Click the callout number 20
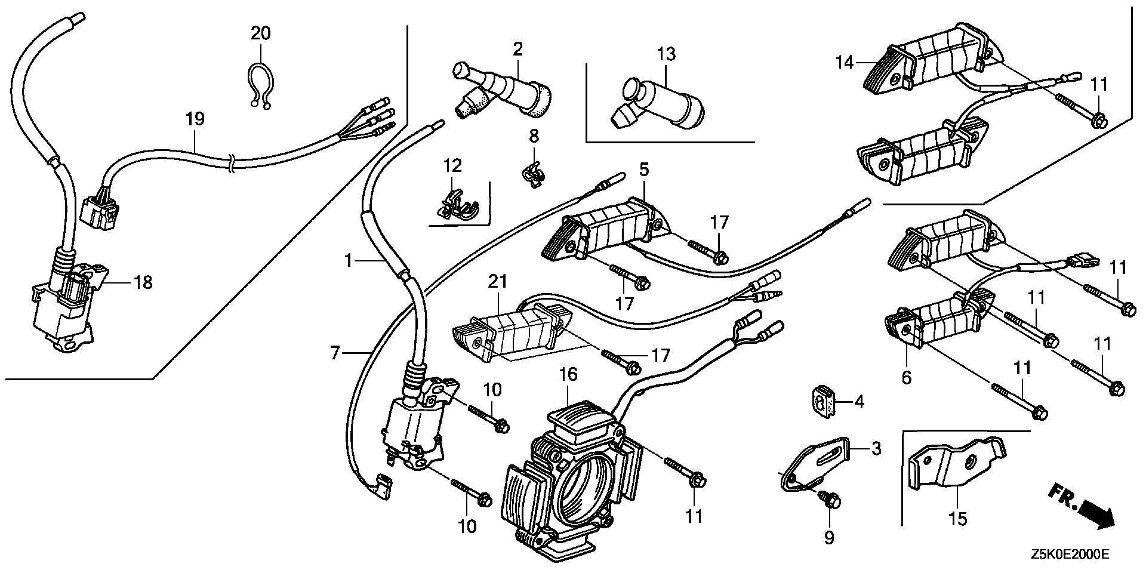tap(260, 33)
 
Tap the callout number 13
tap(666, 54)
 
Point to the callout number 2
tap(517, 50)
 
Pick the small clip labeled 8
tap(532, 175)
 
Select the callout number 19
tap(195, 119)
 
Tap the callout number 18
tap(143, 282)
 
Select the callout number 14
tap(845, 62)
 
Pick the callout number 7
tap(335, 353)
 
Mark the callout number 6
tap(907, 378)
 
